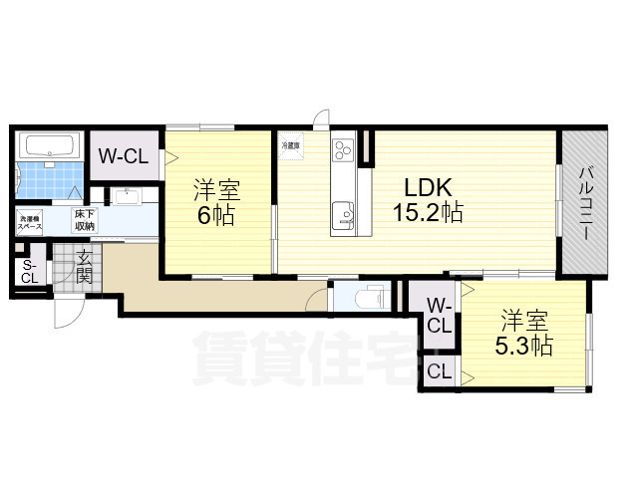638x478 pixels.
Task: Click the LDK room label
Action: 429,186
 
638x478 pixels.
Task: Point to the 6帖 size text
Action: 216,216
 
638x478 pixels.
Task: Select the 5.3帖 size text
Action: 525,347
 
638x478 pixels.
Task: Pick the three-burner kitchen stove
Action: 345,150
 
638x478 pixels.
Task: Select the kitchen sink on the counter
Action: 345,212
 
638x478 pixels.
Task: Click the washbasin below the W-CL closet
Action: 126,195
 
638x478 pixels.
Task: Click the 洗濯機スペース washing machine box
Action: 30,223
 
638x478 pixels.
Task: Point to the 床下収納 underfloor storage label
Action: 84,222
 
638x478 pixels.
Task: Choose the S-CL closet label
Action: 30,272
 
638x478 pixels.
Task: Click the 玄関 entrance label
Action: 84,267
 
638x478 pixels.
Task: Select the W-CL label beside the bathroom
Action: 124,157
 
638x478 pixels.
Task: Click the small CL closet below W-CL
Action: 440,372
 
